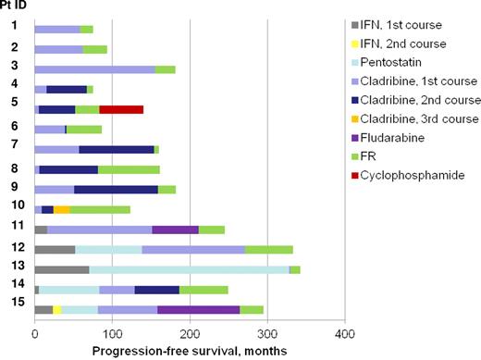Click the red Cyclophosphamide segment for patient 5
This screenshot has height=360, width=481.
121,109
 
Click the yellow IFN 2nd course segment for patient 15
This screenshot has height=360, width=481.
57,309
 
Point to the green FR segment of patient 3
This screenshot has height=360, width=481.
165,69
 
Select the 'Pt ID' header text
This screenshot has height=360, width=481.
13,6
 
